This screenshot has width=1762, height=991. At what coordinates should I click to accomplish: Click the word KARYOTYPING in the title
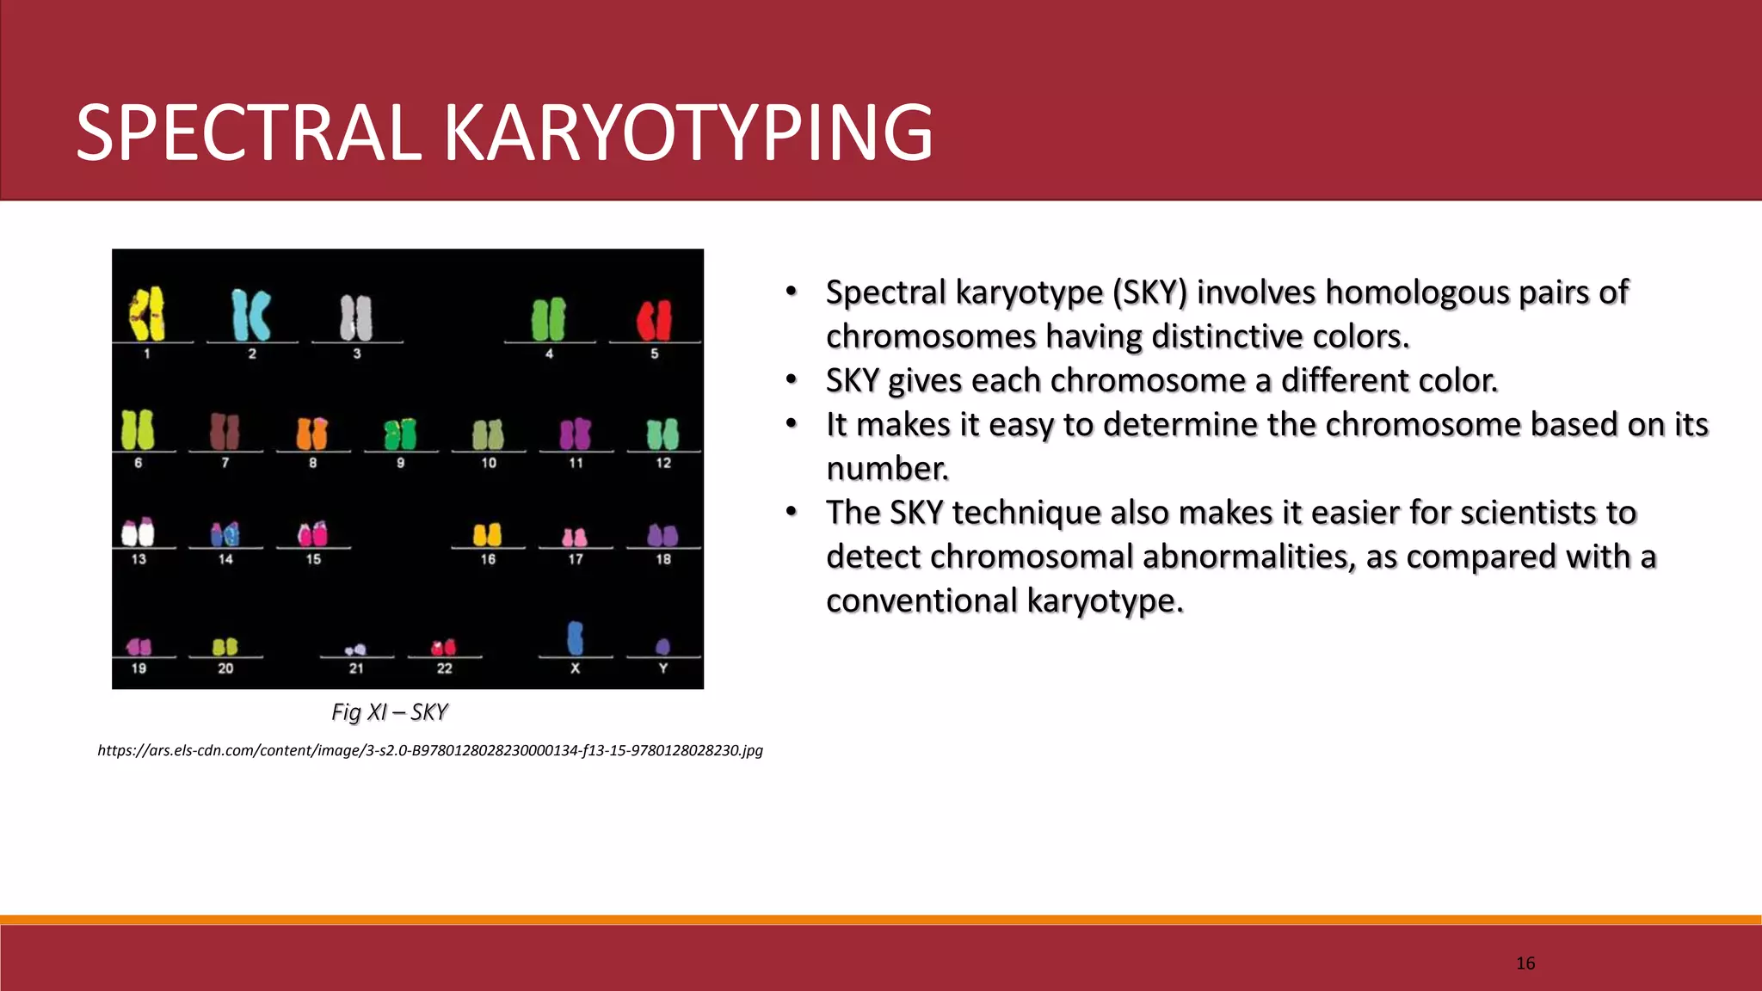[688, 133]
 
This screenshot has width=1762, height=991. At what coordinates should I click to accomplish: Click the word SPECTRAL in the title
[249, 133]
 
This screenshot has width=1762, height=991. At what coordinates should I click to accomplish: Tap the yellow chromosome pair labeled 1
[147, 314]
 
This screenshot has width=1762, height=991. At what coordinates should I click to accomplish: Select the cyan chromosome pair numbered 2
[251, 315]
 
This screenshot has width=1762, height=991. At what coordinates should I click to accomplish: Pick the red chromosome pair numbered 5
[654, 319]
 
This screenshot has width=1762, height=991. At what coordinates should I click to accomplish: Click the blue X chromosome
[576, 638]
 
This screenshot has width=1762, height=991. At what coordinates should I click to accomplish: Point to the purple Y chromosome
[662, 646]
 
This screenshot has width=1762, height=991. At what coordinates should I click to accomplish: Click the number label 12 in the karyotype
[663, 463]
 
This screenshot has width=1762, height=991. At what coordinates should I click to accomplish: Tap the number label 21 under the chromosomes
[356, 668]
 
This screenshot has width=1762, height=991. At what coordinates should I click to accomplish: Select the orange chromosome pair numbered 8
[312, 434]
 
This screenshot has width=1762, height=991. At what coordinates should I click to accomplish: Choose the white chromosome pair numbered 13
[138, 532]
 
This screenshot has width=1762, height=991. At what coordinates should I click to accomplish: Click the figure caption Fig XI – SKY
[390, 712]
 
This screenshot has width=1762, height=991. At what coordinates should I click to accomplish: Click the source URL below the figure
[430, 750]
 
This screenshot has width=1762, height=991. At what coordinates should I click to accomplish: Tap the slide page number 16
[1525, 963]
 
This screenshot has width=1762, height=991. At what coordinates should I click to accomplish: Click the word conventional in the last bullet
[921, 600]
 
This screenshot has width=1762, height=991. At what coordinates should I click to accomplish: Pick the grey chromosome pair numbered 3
[356, 317]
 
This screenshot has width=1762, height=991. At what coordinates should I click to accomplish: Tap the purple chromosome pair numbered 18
[662, 535]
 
